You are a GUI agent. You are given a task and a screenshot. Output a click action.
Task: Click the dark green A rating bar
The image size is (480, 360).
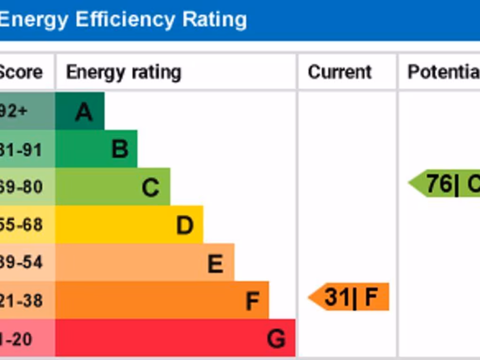click(80, 111)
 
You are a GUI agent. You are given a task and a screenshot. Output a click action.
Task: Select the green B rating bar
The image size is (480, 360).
click(96, 149)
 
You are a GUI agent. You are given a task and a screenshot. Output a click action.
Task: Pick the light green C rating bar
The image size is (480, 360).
click(112, 187)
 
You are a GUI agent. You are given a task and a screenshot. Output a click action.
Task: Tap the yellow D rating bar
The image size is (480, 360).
click(129, 225)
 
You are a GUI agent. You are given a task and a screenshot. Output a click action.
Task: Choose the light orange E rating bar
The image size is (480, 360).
click(144, 262)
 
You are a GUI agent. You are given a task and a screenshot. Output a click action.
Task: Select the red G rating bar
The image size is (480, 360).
click(175, 338)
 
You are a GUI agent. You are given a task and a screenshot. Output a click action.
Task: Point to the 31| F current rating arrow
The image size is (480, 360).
click(350, 297)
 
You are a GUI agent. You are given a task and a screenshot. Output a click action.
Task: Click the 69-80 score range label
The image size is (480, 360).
click(21, 187)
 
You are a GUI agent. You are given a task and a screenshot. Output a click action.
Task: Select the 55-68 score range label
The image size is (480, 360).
click(21, 225)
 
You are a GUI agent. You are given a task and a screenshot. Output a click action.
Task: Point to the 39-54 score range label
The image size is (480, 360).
click(21, 262)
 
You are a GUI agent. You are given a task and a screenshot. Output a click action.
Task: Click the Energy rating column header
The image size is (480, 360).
click(123, 72)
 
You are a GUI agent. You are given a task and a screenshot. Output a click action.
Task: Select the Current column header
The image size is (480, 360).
click(340, 72)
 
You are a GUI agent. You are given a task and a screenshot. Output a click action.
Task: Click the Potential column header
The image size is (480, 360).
click(443, 72)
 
